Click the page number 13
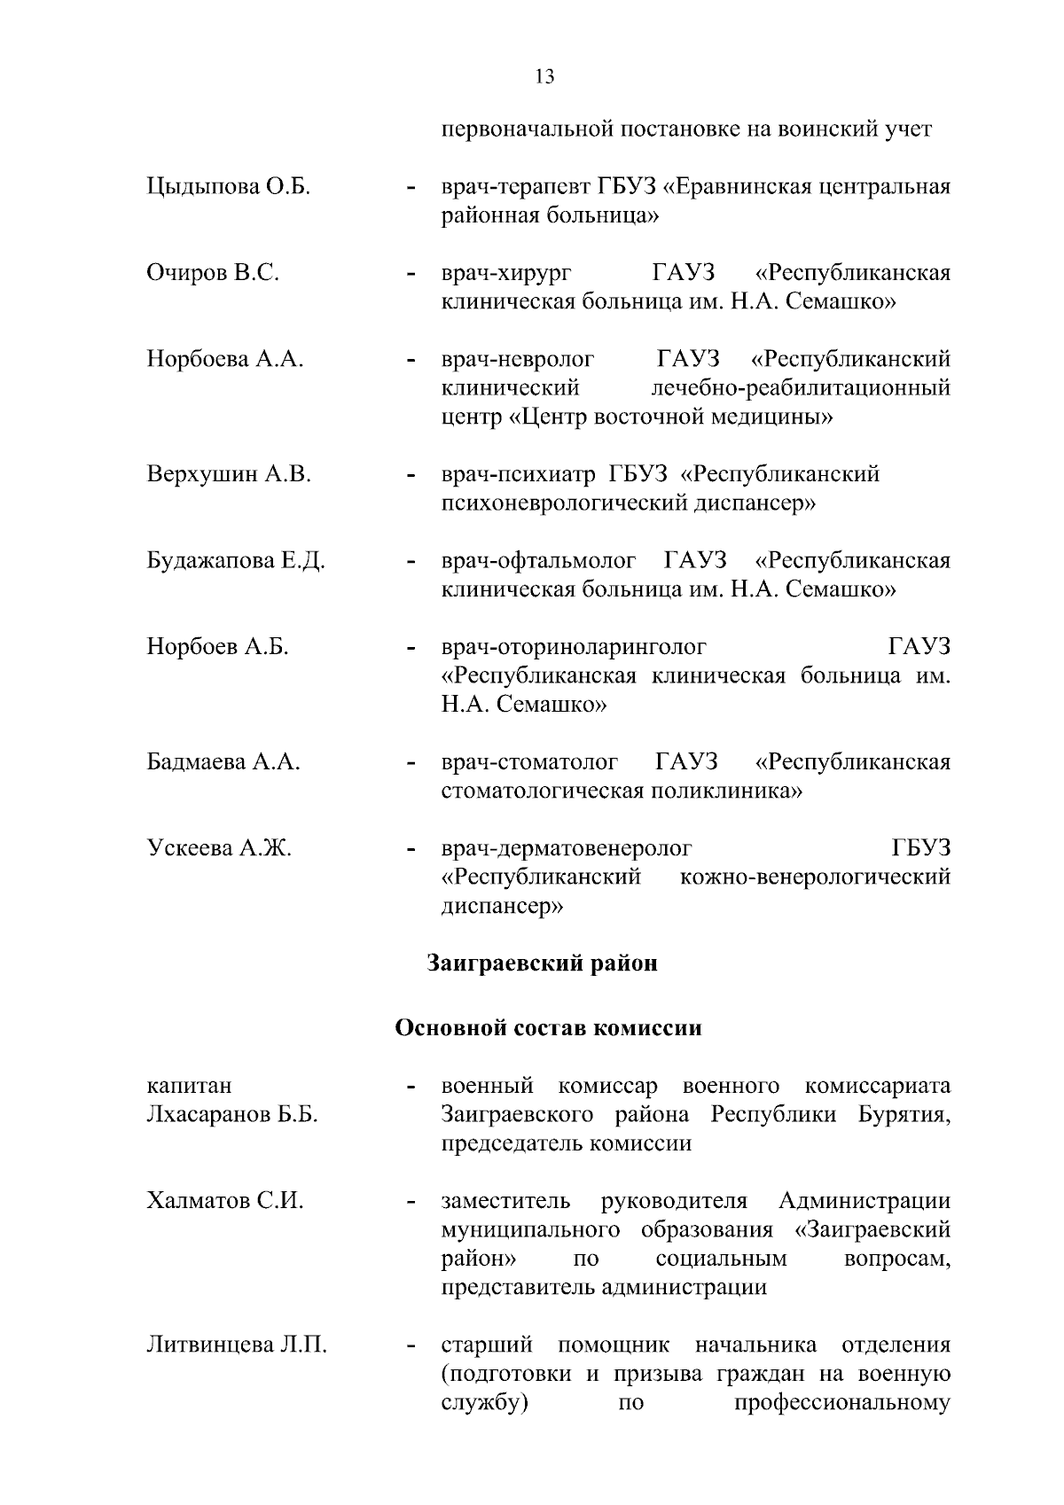point(544,77)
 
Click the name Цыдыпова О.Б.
point(228,188)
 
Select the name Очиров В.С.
point(213,273)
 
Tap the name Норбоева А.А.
point(225,359)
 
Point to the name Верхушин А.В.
point(229,474)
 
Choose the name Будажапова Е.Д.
point(236,561)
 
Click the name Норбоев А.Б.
point(218,647)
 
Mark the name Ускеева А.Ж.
point(219,848)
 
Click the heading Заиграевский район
point(543,963)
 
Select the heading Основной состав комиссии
point(548,1028)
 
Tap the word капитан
point(189,1086)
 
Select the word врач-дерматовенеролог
point(567,848)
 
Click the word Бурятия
point(904,1114)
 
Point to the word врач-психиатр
point(519,474)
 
